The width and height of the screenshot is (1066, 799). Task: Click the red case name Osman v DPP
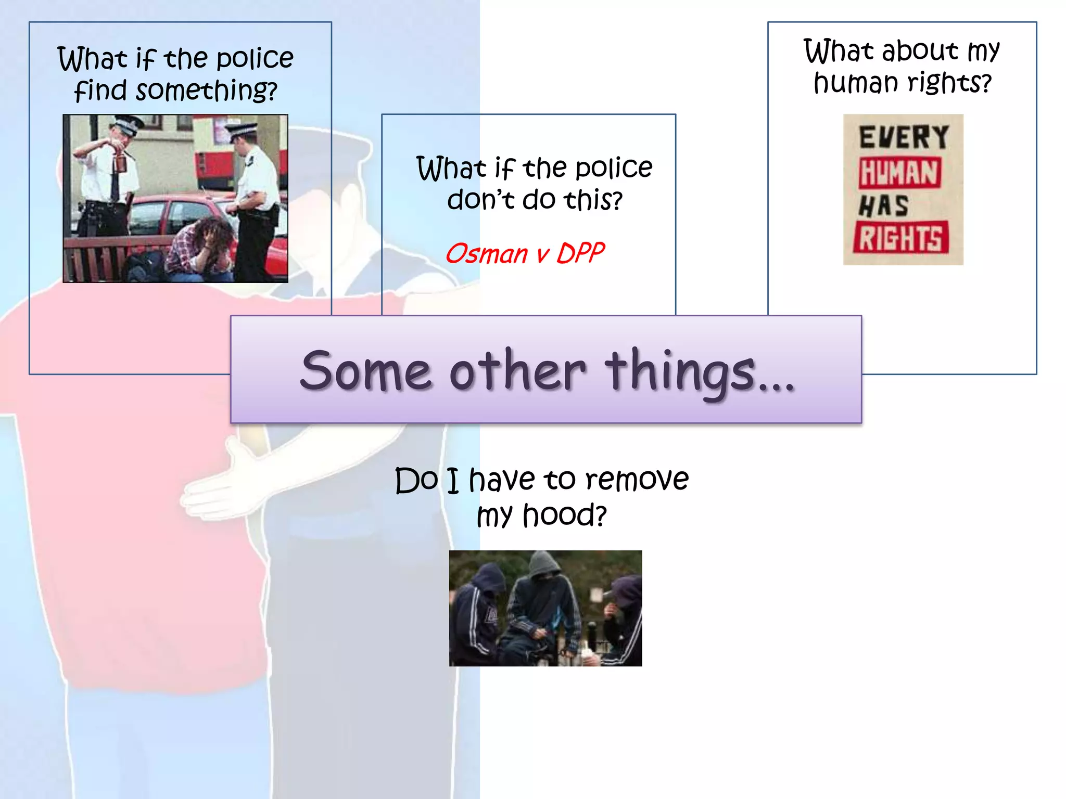point(525,254)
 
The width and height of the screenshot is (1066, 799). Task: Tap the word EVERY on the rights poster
point(904,138)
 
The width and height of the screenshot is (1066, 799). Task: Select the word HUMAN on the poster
point(899,173)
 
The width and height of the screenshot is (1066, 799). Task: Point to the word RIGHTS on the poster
point(900,238)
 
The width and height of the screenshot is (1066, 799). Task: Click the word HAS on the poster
point(883,206)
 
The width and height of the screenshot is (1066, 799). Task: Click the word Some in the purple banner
point(366,370)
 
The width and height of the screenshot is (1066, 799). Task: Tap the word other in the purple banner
point(517,370)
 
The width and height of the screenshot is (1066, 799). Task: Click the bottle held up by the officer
point(121,160)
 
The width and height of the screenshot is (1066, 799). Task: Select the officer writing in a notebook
point(255,198)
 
